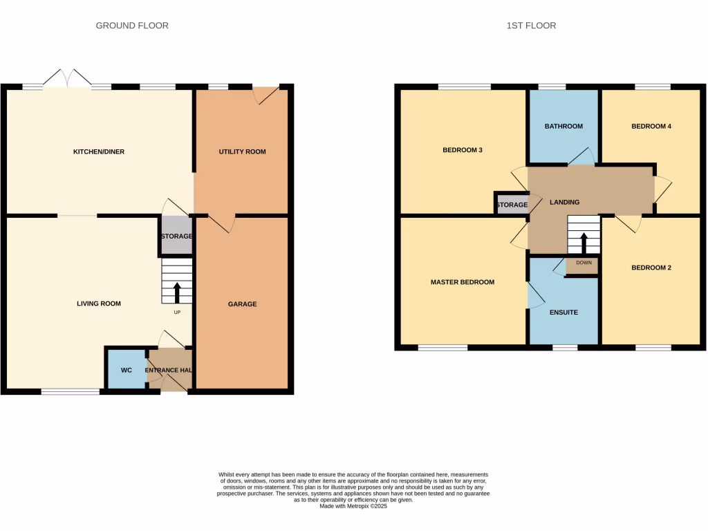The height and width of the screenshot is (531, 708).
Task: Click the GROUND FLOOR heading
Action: (132, 26)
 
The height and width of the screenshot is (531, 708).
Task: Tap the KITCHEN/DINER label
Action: (99, 151)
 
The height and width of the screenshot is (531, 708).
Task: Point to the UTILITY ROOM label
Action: (242, 151)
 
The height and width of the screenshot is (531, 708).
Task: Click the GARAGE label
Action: (242, 304)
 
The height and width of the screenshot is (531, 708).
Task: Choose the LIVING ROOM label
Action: (99, 303)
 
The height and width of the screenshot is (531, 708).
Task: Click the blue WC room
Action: (127, 370)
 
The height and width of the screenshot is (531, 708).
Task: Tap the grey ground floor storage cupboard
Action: (176, 236)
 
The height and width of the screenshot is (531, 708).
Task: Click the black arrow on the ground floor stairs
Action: (177, 292)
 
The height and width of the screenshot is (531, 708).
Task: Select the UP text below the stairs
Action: (177, 313)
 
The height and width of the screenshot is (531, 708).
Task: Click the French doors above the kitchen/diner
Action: (68, 78)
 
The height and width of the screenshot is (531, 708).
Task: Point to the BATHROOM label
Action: (563, 127)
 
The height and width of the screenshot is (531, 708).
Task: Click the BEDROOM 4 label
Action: (651, 127)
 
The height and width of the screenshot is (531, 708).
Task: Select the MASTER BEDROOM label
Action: (462, 282)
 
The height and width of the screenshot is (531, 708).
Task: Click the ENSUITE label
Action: (563, 313)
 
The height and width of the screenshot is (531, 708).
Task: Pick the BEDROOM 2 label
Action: (651, 268)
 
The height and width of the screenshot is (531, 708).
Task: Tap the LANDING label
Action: (564, 202)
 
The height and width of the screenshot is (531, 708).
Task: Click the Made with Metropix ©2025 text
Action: (353, 506)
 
